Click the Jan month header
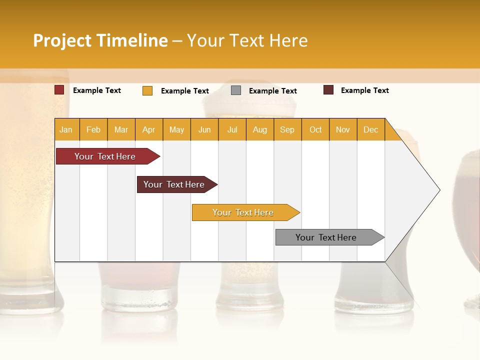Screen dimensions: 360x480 point(66,129)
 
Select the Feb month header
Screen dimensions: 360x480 point(93,129)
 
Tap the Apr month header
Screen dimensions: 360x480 point(148,129)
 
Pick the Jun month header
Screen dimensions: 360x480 point(204,129)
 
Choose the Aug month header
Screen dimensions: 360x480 point(259,129)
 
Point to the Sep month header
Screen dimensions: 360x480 point(287,129)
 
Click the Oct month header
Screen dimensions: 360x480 point(315,129)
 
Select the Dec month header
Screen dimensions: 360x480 point(370,129)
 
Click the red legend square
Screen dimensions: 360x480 point(59,90)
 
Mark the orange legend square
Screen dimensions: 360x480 point(147,90)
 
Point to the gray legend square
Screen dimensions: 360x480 point(236,90)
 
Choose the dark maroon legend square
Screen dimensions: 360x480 point(328,90)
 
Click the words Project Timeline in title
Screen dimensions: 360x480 point(100,40)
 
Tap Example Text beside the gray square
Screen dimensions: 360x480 point(272,91)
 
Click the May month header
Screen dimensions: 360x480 point(176,129)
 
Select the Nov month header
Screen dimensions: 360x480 point(343,129)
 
